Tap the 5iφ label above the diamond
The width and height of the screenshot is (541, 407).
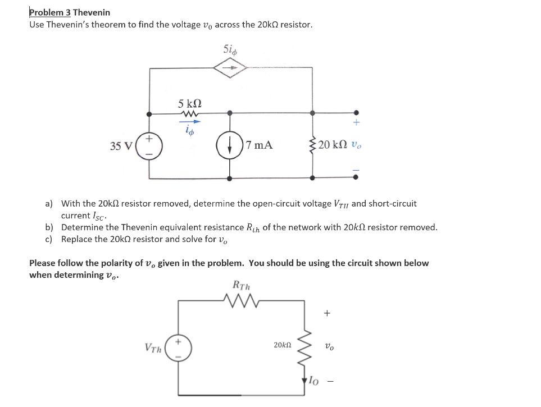[230, 49]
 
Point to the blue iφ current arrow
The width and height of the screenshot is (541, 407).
[189, 120]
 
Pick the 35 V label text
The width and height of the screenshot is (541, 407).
[121, 146]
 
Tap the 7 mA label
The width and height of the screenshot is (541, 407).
[260, 145]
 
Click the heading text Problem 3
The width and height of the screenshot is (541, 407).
[49, 12]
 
